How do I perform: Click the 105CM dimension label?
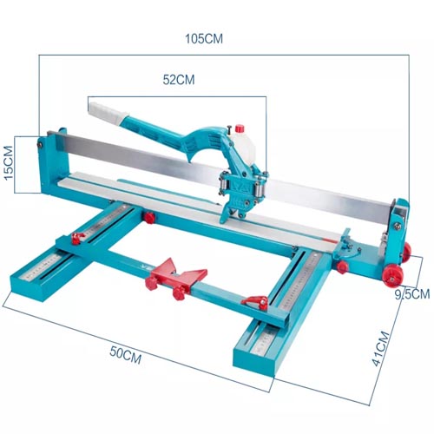point(204,39)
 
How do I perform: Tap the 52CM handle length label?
point(179,80)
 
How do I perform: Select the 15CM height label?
point(9,162)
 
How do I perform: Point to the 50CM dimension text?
point(126,355)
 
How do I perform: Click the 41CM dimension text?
point(381,348)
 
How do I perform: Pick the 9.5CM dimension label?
point(412,294)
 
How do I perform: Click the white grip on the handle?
point(108,111)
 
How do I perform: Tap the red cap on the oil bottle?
point(240,128)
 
